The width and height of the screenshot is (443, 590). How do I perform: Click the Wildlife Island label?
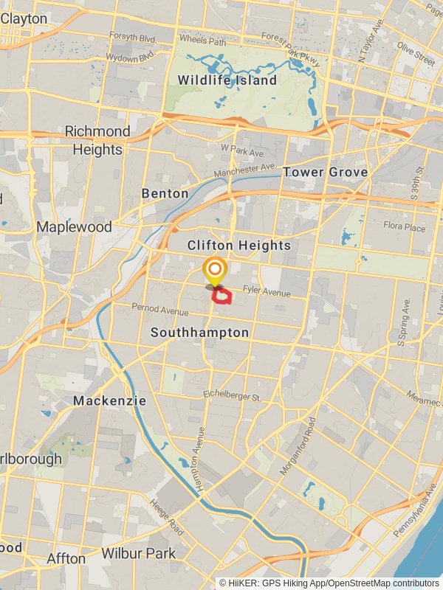coord(227,80)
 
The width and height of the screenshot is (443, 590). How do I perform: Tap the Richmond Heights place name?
coord(97,140)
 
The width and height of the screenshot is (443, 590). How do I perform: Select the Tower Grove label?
coord(325,172)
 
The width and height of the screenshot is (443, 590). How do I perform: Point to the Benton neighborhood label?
coord(165,193)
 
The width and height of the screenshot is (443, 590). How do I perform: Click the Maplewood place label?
coord(74,226)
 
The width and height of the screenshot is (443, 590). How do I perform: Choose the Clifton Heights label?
coord(238,246)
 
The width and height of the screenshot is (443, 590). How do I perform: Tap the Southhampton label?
coord(199,333)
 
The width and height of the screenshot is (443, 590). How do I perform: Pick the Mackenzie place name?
coord(109,401)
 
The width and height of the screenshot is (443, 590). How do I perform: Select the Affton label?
coord(66,558)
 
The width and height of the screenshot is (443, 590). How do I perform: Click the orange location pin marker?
coord(215,270)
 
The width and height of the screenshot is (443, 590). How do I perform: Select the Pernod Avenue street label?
coord(160,309)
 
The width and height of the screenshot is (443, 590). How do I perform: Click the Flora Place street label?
coord(404,228)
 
